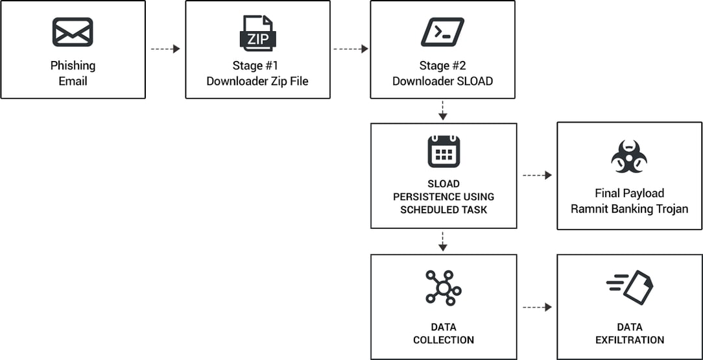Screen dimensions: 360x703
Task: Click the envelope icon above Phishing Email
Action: point(73,32)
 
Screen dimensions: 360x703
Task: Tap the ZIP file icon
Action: point(257,33)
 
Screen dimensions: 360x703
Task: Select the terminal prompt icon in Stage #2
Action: point(442,32)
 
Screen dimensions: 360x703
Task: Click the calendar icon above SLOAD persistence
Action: point(444,152)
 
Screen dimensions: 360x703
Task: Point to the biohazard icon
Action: point(629,156)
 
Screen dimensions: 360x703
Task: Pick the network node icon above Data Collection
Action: point(444,287)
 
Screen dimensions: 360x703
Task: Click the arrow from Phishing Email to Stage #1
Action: point(165,49)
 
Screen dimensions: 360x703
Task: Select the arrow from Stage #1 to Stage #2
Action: point(350,49)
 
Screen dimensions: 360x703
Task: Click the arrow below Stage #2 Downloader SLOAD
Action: point(443,110)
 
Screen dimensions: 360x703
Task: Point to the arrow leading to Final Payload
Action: point(537,175)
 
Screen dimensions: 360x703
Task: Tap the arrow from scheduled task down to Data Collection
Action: point(443,241)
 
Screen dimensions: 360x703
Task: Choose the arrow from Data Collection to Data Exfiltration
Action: point(537,307)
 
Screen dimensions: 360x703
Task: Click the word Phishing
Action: point(73,66)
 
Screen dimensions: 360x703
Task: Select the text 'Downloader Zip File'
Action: point(257,81)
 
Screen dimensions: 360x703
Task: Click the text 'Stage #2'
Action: point(442,66)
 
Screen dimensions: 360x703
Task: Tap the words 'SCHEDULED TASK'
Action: point(443,210)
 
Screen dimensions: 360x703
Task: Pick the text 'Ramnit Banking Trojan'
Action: point(629,209)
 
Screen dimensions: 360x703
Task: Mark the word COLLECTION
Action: point(444,340)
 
